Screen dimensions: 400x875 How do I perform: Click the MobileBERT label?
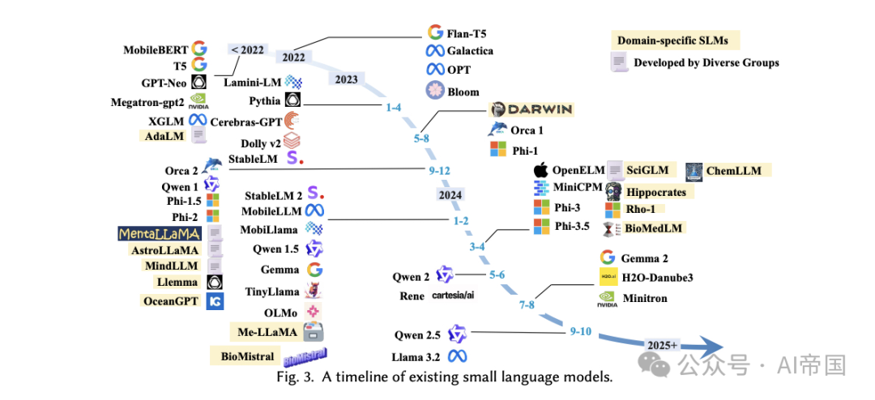[x=156, y=49]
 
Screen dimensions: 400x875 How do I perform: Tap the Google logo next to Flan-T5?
[x=435, y=32]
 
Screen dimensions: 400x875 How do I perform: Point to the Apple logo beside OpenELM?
[x=540, y=170]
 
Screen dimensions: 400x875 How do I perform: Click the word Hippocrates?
[x=656, y=192]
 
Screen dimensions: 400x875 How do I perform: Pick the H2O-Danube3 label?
[x=657, y=278]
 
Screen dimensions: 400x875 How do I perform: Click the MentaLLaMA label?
[x=159, y=233]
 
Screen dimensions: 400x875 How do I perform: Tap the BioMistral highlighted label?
[x=247, y=355]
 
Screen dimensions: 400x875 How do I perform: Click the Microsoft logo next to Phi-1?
[x=497, y=149]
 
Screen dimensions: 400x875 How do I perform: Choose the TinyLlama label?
[x=271, y=291]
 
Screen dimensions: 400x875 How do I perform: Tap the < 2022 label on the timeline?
[x=248, y=49]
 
